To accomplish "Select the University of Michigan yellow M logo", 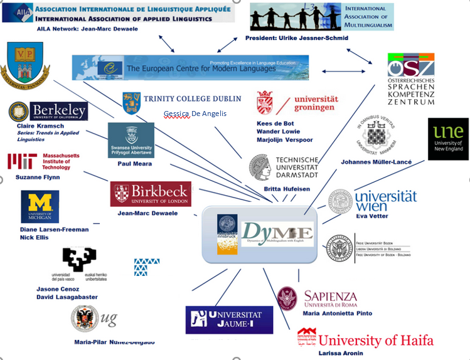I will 40,206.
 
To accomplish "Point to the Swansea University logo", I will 131,140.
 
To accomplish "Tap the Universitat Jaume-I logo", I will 229,320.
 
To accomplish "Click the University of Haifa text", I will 375,341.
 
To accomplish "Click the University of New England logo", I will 448,139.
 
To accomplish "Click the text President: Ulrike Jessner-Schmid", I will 296,38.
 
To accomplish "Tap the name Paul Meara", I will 135,164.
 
